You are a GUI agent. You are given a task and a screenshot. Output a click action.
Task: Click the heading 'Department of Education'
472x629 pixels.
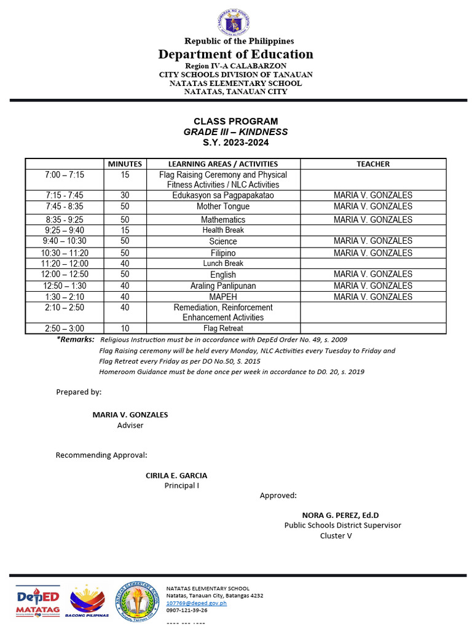[235, 54]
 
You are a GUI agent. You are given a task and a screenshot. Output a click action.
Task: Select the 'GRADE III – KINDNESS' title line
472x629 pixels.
[235, 132]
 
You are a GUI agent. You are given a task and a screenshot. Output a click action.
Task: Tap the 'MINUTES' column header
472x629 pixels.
[125, 164]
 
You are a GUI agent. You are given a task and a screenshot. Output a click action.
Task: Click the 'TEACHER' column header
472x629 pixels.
[373, 164]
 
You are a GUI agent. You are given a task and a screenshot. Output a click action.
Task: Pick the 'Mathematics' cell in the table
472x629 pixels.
[222, 219]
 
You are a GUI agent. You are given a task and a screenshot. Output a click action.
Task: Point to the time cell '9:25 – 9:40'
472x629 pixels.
[64, 230]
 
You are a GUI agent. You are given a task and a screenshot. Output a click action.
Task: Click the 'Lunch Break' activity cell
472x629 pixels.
[222, 264]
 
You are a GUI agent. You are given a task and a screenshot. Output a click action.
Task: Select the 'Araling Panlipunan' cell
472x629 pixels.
[222, 286]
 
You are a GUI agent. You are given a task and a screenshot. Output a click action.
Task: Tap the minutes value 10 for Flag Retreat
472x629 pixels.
[125, 329]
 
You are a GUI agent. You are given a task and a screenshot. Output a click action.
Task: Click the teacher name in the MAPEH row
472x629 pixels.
[373, 297]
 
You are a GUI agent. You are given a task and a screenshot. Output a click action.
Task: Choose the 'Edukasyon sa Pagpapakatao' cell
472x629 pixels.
[222, 195]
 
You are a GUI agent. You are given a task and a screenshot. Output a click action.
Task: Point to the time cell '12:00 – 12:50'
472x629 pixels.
[64, 274]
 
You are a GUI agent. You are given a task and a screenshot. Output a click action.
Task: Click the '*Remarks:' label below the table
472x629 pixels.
[76, 340]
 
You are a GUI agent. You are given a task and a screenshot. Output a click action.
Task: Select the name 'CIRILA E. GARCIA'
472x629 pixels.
[176, 475]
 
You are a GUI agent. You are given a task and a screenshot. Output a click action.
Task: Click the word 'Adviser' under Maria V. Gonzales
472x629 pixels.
[130, 425]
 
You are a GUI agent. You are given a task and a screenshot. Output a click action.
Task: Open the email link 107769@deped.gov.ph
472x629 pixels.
[197, 603]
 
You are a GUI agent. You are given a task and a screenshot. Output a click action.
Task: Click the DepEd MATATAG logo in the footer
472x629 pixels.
[37, 601]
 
